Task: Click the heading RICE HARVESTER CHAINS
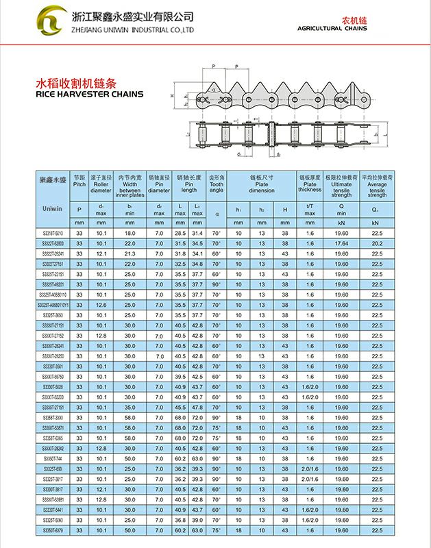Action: (x=89, y=94)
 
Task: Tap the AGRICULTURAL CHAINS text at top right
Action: (x=332, y=29)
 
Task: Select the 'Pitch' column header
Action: (x=79, y=181)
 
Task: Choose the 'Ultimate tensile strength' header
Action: (x=341, y=185)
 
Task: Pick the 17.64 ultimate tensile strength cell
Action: (x=341, y=243)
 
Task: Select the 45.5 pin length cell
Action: (x=180, y=408)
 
